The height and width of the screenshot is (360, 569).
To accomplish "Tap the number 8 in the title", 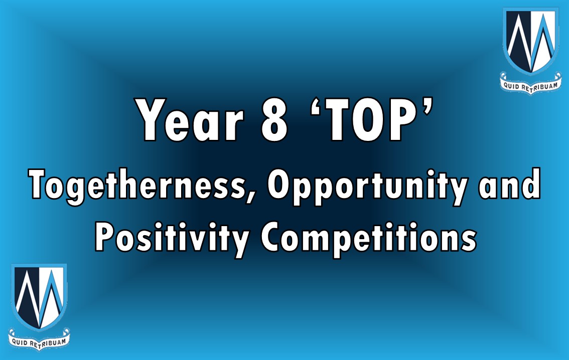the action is pos(274,120).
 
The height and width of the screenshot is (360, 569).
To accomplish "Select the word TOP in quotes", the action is pos(370,120).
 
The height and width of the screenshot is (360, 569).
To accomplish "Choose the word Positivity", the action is pos(172,239).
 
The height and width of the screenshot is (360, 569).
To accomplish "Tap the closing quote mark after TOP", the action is pos(427,107).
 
